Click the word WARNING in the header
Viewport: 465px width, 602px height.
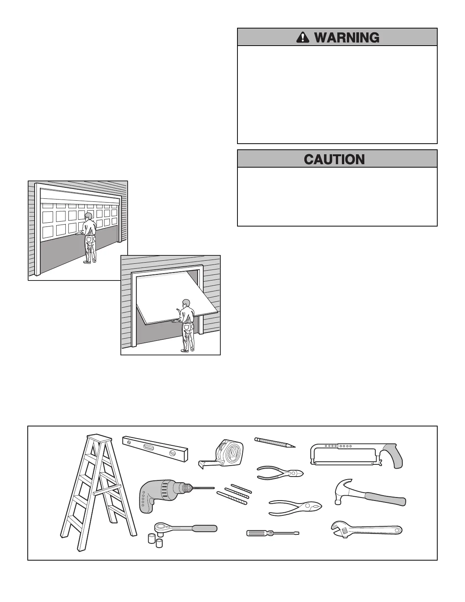pyautogui.click(x=346, y=37)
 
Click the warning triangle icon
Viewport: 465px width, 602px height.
pyautogui.click(x=302, y=37)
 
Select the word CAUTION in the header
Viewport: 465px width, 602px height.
pyautogui.click(x=334, y=159)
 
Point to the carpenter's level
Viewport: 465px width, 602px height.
pyautogui.click(x=155, y=449)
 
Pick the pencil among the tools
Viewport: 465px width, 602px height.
pyautogui.click(x=274, y=442)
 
